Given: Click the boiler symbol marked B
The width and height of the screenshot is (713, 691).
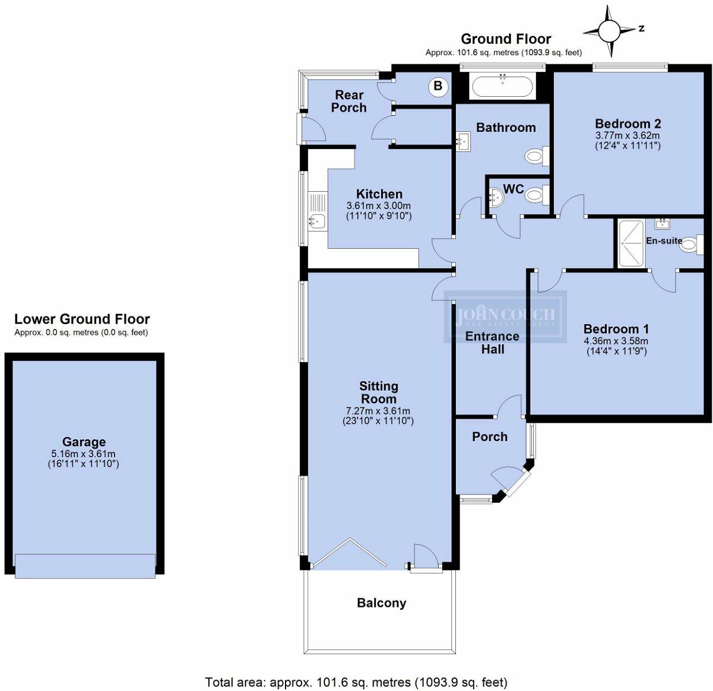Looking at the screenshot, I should (x=438, y=86).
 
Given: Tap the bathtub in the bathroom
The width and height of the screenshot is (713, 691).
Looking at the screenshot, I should (x=503, y=87).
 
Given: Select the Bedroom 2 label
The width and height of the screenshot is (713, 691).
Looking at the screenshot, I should (x=628, y=123).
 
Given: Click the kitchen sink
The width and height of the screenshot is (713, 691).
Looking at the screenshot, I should (x=315, y=221).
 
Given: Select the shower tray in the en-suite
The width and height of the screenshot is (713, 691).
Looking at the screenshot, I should (x=630, y=244).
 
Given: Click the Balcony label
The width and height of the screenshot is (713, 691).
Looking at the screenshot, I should (x=381, y=603).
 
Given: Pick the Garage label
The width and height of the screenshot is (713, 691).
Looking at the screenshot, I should (x=84, y=442).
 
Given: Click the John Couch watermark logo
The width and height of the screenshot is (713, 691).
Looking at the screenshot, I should (x=505, y=316).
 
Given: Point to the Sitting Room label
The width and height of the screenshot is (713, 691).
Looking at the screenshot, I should (x=378, y=392).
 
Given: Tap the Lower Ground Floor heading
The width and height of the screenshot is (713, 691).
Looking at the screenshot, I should (x=82, y=319).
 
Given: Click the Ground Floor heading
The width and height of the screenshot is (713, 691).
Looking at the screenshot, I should (x=506, y=39).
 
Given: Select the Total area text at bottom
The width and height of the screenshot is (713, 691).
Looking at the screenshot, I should (x=356, y=682).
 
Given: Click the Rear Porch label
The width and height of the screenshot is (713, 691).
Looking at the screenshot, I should (x=348, y=101).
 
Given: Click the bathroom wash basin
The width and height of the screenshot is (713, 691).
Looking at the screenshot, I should (x=463, y=141).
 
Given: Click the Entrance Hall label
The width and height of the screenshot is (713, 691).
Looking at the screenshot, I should (x=492, y=343).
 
